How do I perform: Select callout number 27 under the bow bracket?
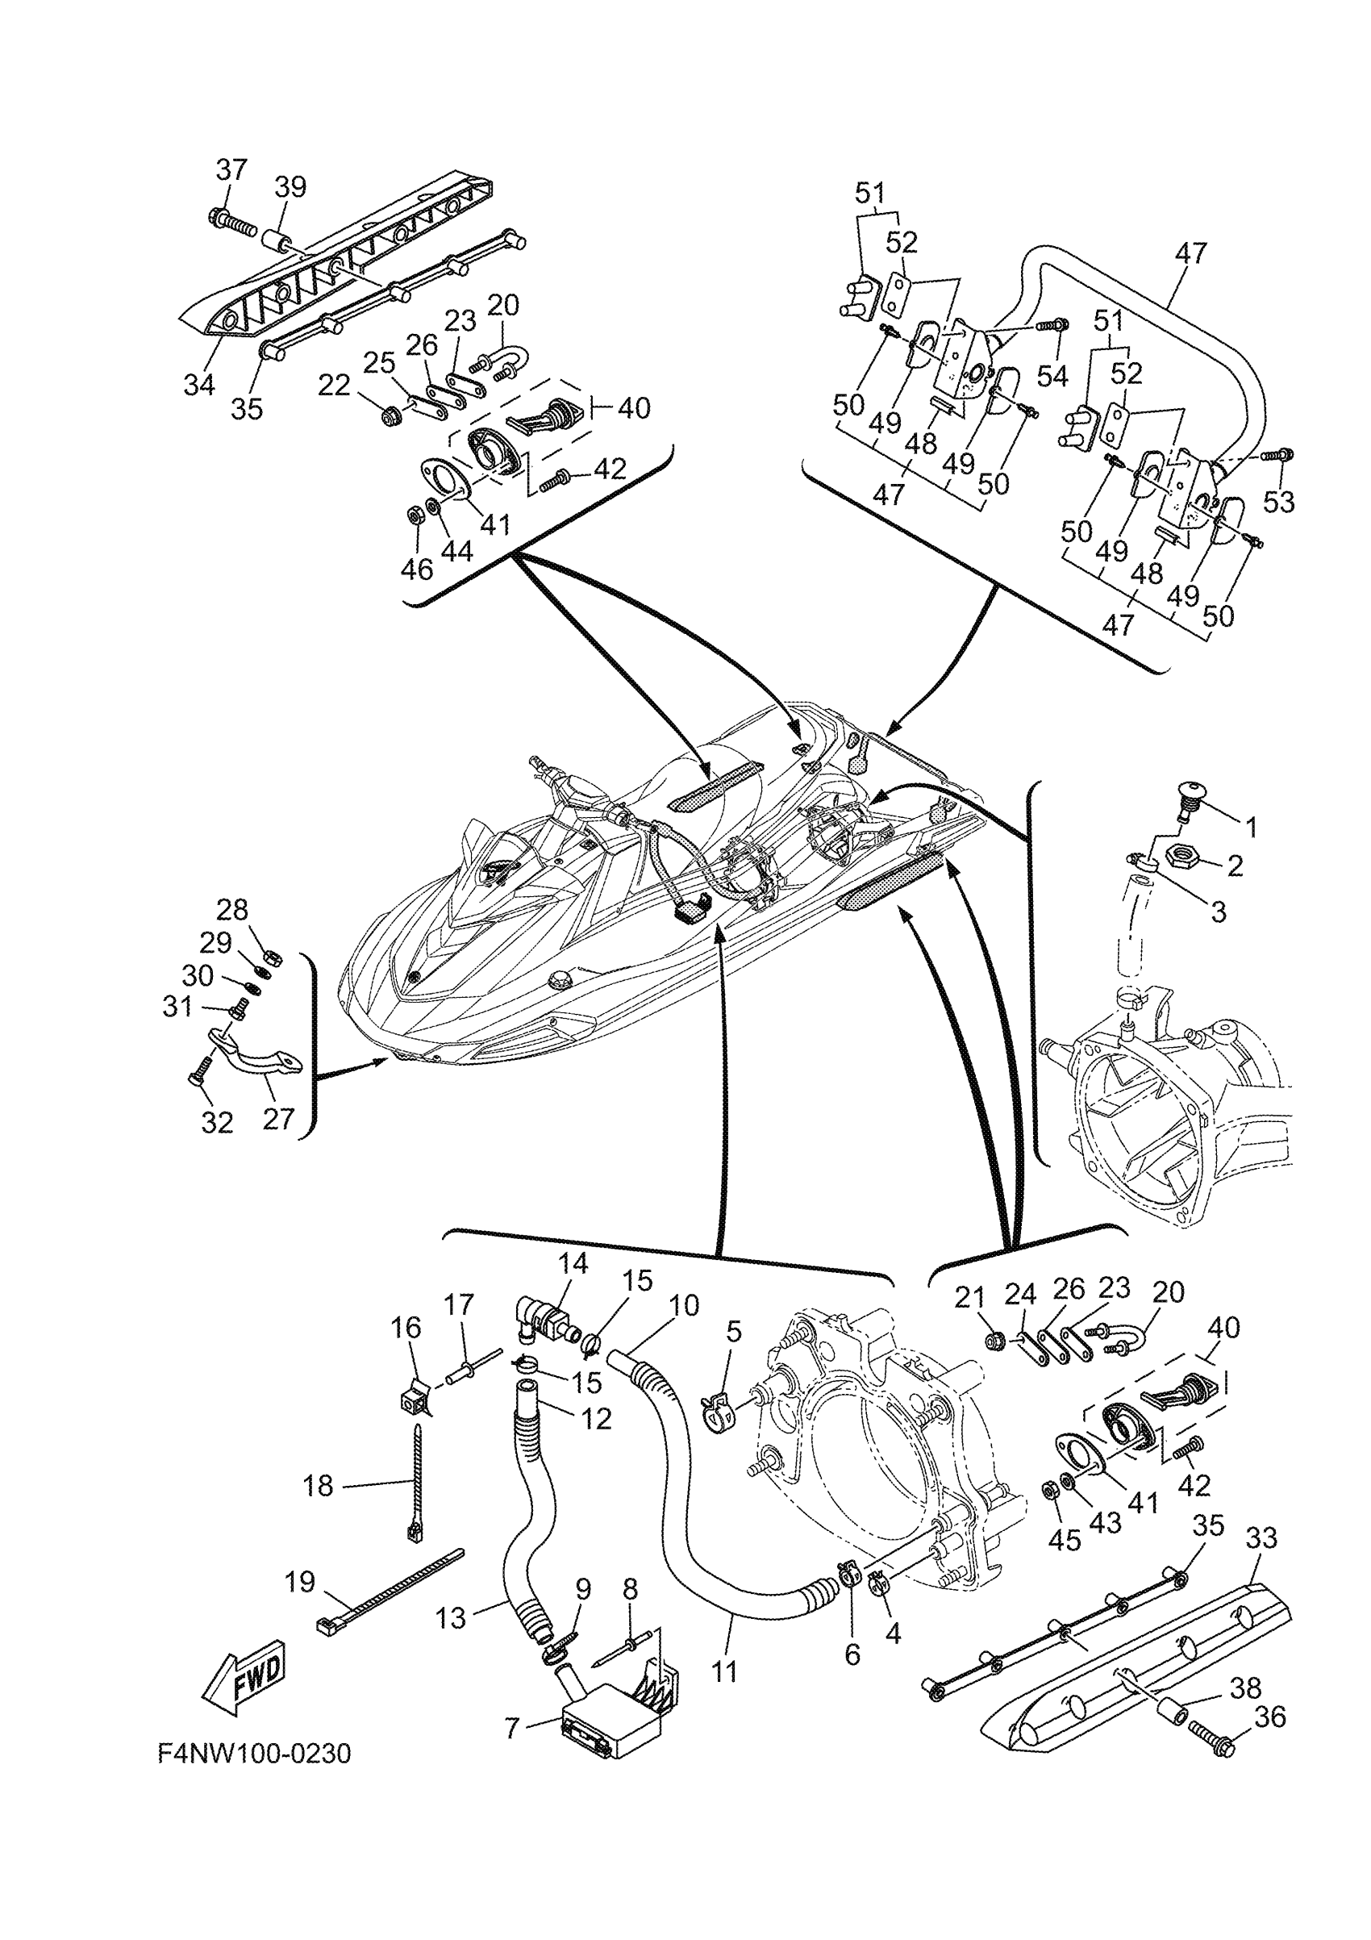(x=279, y=1119)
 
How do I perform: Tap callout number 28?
(x=232, y=909)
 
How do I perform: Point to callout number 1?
(x=1252, y=827)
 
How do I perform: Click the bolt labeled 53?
(x=1276, y=456)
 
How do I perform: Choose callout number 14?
(x=573, y=1287)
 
